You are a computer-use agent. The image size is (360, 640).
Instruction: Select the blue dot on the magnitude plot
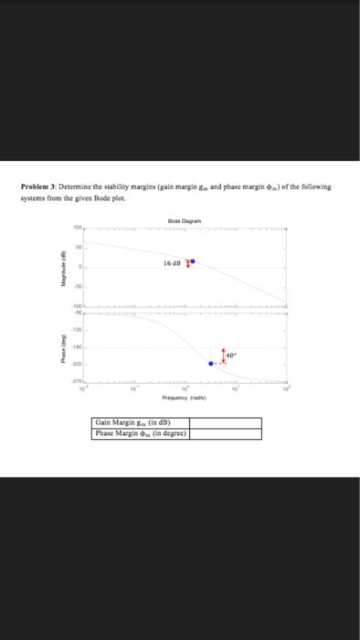192,261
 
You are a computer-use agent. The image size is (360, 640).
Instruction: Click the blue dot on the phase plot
211,363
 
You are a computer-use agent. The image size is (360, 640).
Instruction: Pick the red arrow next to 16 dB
187,263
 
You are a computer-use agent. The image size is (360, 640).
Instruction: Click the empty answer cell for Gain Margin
225,422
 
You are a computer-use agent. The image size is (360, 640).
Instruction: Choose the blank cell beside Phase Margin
225,433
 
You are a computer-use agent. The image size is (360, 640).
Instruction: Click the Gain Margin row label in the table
139,422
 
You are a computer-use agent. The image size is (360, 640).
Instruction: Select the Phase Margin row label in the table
142,433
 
